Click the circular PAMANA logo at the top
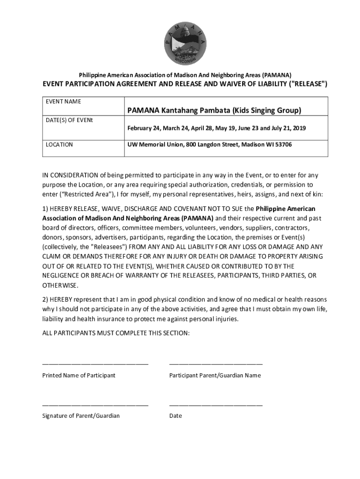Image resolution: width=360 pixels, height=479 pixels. coord(185,43)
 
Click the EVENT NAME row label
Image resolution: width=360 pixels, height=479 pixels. coord(63,102)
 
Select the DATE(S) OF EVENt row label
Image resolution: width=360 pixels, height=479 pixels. coord(69,120)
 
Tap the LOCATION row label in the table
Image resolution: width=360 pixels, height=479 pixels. coord(59,145)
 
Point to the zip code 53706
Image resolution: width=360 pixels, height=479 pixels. coord(282,145)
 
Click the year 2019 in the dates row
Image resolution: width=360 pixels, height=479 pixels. coord(299,128)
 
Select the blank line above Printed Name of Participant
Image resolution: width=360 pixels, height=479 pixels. coord(95,363)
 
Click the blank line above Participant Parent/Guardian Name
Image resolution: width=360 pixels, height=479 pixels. coord(216,363)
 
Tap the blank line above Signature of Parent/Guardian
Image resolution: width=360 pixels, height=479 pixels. coord(95,403)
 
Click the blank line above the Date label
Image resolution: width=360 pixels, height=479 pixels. coord(216,403)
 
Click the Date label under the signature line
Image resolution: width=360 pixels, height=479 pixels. coord(175,416)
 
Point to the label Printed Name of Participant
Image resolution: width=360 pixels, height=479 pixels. coord(79,376)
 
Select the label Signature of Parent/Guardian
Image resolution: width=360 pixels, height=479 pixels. coord(81,416)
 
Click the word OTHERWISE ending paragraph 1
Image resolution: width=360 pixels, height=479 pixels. coord(60,285)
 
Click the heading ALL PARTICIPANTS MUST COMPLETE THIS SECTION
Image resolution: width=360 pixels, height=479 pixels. coord(116,333)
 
